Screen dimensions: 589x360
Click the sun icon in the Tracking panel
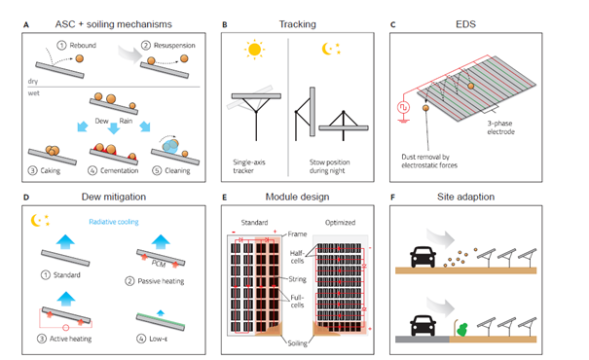point(254,50)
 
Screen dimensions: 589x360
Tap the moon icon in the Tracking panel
point(327,49)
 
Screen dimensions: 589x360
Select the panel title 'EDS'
point(465,24)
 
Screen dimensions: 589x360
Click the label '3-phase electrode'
point(500,127)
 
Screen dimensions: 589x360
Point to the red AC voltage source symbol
point(403,108)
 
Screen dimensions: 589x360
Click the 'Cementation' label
point(119,170)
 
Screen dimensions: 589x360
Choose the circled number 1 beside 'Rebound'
point(61,46)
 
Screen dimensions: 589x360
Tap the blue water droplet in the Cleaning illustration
point(170,146)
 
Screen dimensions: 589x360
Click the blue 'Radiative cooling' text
point(114,222)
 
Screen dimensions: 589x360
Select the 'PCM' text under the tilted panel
point(159,264)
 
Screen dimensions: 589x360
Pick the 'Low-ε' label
point(158,339)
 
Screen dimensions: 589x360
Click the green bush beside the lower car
point(462,329)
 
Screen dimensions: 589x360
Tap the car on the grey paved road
point(423,325)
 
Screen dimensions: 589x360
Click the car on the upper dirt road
point(423,257)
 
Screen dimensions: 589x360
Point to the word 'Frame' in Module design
point(297,234)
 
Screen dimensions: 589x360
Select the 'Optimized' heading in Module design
point(340,222)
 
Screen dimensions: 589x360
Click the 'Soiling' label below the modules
point(297,343)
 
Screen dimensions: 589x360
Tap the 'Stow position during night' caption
point(329,166)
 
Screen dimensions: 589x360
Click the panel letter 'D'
point(26,198)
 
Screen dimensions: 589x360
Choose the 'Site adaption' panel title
point(465,197)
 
